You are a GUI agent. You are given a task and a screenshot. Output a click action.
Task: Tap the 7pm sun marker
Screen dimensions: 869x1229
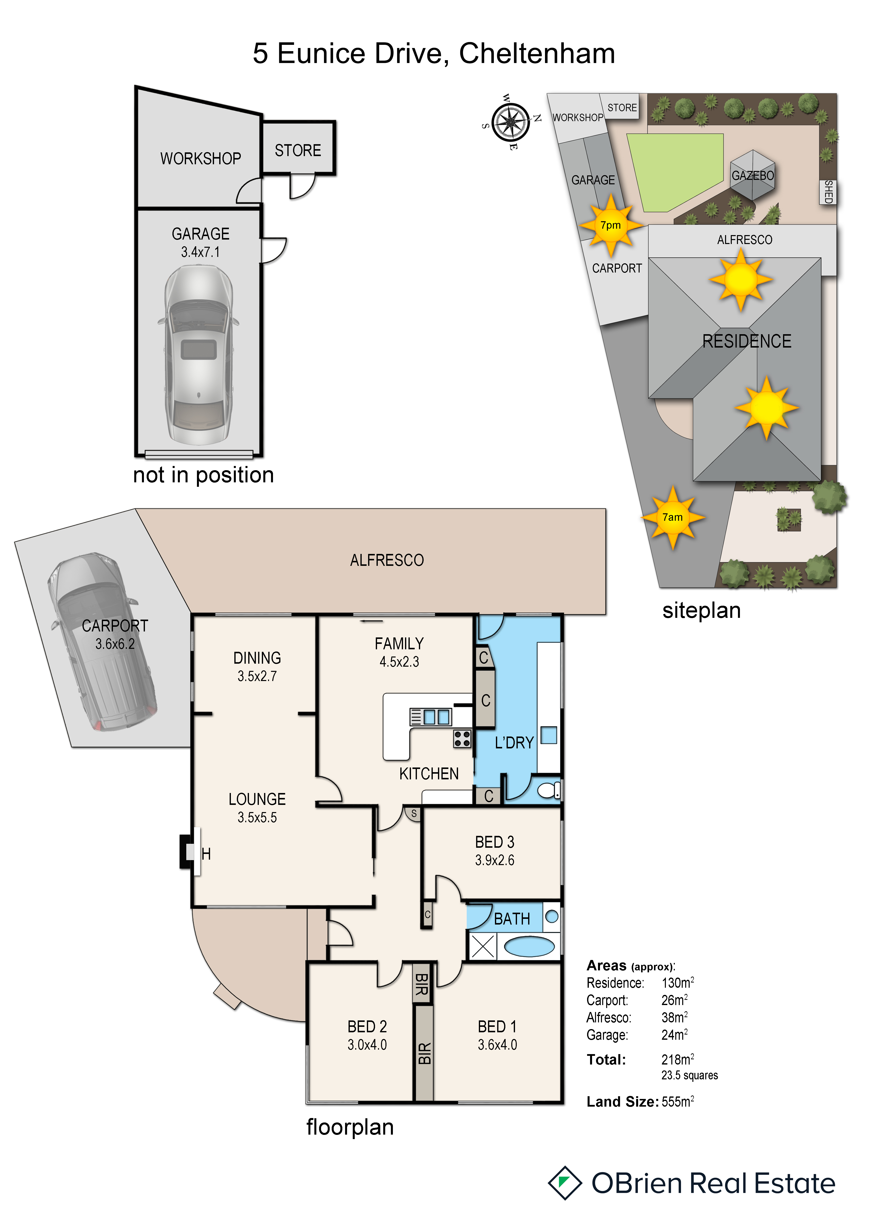tap(611, 225)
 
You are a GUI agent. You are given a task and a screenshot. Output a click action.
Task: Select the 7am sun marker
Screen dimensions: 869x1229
tap(673, 518)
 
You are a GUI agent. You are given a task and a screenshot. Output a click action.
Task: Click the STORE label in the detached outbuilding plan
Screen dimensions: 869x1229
tap(298, 150)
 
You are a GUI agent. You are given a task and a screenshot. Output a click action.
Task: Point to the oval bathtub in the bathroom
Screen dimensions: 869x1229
tap(529, 946)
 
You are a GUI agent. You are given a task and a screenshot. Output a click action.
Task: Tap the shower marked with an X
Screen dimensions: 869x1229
tap(483, 946)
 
